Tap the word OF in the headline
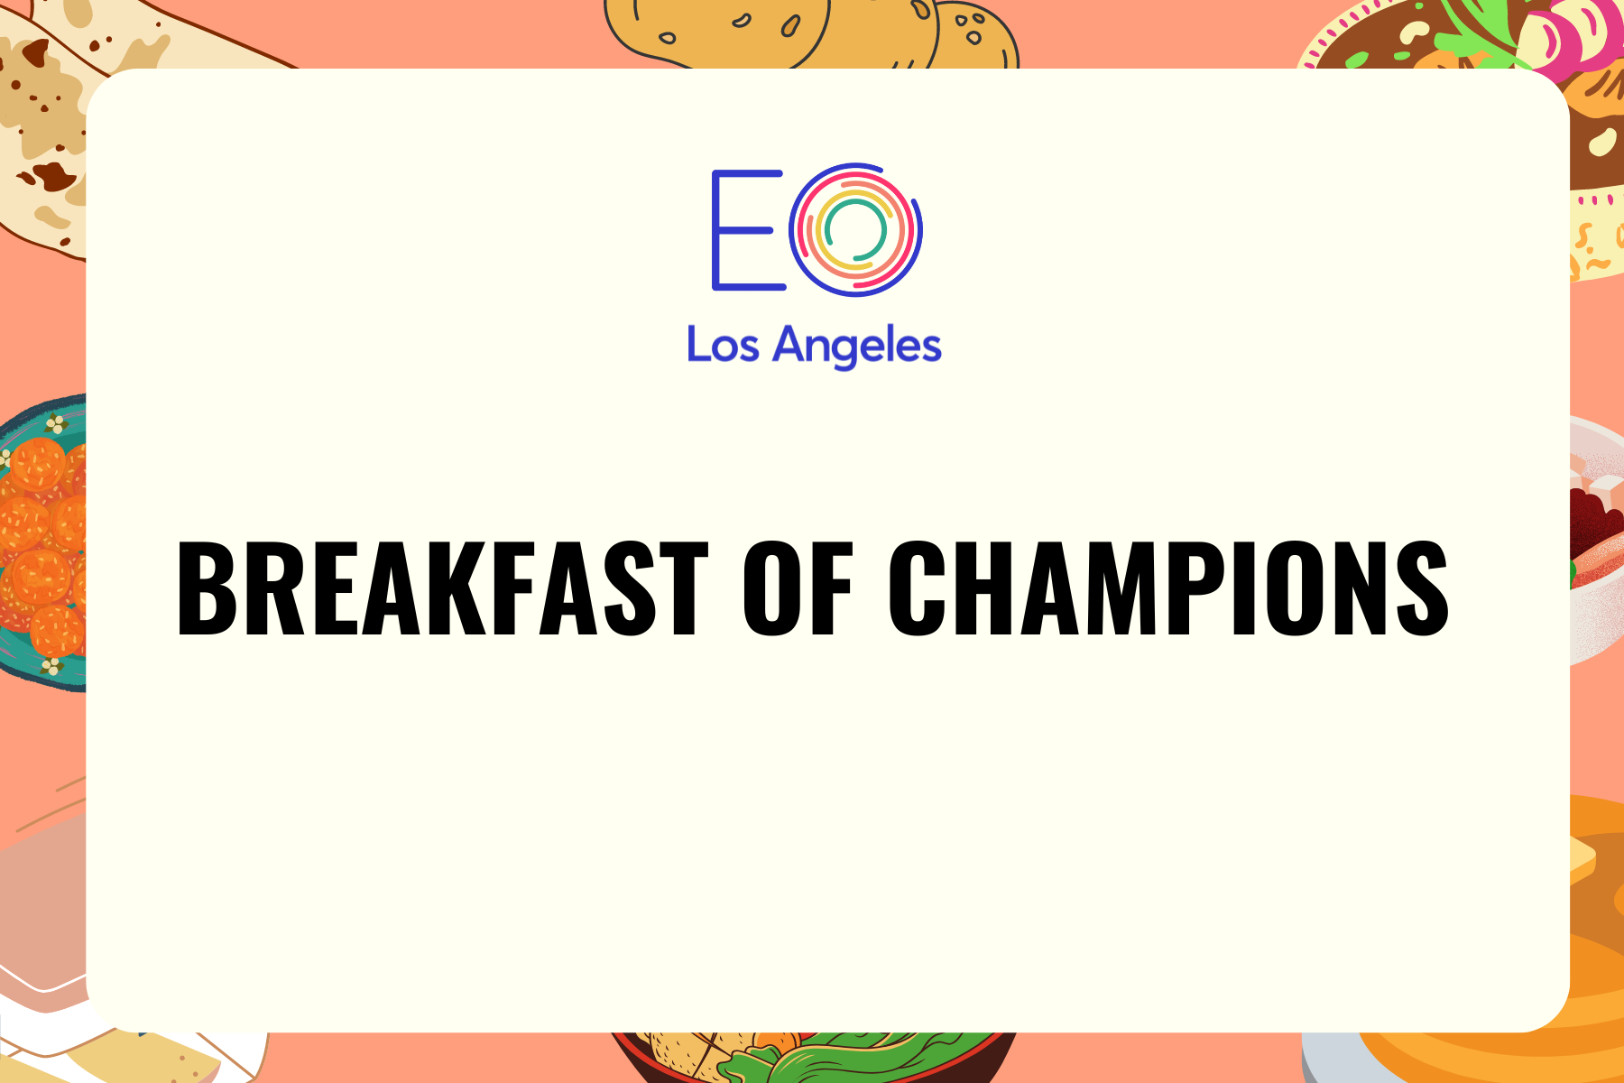tap(798, 588)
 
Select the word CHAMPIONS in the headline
tap(1168, 588)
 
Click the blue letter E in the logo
tap(747, 230)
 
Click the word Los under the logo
tap(723, 345)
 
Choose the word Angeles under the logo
tap(857, 347)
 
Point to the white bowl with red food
tap(1596, 541)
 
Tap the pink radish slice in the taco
tap(1570, 36)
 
